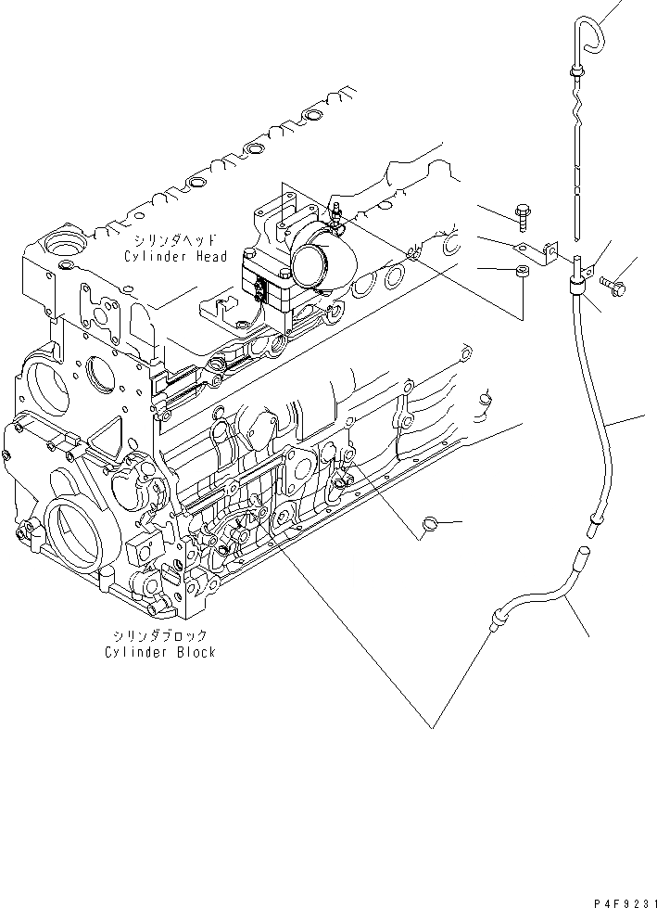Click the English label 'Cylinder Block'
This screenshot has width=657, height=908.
160,652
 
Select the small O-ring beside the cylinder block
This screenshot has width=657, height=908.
430,525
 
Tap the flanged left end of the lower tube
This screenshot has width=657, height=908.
499,612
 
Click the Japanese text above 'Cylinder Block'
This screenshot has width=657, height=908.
159,636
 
